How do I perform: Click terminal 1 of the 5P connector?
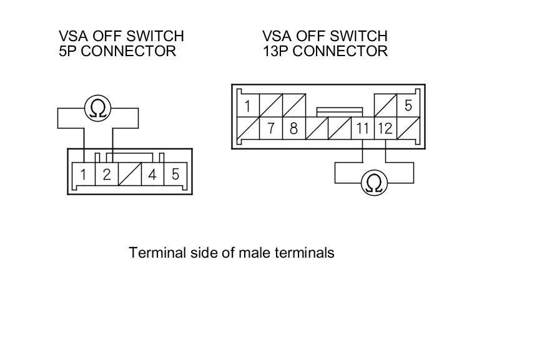click(83, 174)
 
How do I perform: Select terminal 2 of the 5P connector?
click(106, 174)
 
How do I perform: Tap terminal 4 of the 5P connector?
click(152, 174)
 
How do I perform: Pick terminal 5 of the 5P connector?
click(175, 174)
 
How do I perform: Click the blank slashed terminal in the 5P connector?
click(129, 174)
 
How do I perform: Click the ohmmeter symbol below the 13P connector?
click(374, 183)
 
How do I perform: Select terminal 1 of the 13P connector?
click(248, 105)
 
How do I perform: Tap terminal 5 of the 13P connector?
click(408, 105)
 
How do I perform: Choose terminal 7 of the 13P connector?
click(271, 129)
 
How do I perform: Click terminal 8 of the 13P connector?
click(293, 129)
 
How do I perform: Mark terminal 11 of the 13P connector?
click(363, 129)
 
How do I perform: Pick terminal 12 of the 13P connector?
click(385, 129)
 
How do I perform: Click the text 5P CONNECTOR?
click(117, 51)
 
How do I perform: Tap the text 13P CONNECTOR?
click(325, 51)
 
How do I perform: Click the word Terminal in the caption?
click(154, 253)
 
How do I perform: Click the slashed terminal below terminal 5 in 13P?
click(408, 129)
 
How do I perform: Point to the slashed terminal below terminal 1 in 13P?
click(248, 129)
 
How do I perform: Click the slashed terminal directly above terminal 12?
click(385, 105)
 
